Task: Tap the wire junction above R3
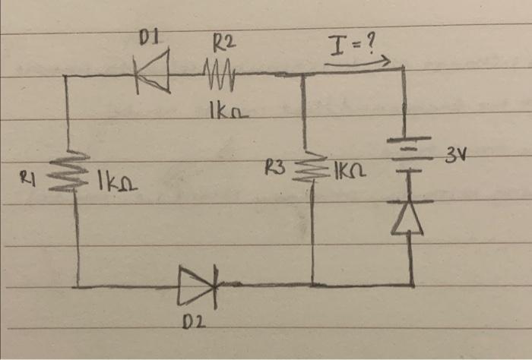[303, 74]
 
